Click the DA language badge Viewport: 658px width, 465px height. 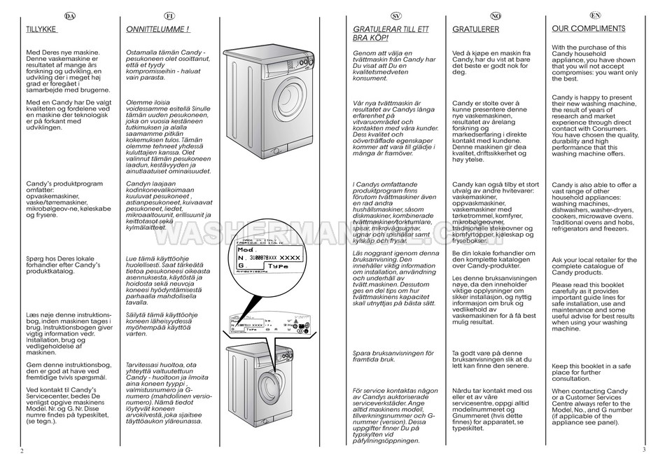[x=70, y=15]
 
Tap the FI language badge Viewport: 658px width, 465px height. [x=169, y=15]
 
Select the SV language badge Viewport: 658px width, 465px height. [x=395, y=15]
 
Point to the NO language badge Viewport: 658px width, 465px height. [x=495, y=15]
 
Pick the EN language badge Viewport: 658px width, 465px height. [x=595, y=15]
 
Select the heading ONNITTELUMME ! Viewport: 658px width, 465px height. [x=158, y=30]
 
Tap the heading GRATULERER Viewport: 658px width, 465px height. [x=475, y=30]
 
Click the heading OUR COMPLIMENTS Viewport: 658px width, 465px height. [x=588, y=29]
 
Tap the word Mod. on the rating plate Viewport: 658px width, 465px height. [x=246, y=249]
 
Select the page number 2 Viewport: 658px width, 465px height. [x=22, y=451]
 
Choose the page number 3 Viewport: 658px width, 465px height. [x=642, y=450]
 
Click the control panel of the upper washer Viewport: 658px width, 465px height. [x=280, y=62]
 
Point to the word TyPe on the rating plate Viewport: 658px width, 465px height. [x=279, y=267]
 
